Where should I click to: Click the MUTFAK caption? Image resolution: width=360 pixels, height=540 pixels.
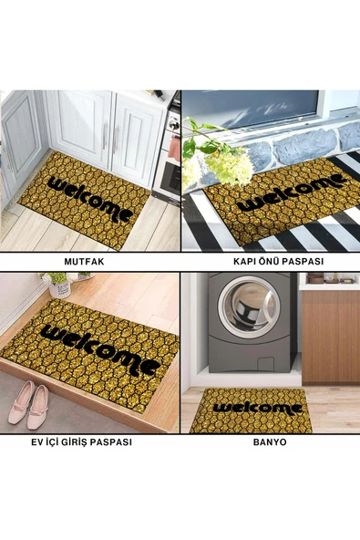click(x=84, y=262)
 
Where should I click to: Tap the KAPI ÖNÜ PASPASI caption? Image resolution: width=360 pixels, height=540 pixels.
click(x=279, y=262)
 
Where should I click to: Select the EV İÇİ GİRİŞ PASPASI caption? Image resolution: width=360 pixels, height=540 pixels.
click(x=81, y=441)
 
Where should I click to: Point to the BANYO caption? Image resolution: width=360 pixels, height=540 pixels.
click(x=270, y=441)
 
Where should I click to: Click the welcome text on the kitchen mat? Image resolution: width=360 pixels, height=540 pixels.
click(x=90, y=199)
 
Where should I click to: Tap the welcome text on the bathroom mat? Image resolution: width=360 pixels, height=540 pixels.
click(x=257, y=409)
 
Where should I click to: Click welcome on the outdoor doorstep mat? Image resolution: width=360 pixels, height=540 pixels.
click(x=292, y=192)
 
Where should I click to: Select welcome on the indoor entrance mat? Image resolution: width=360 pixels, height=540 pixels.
click(x=98, y=348)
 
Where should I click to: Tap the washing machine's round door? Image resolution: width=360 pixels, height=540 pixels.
click(x=249, y=306)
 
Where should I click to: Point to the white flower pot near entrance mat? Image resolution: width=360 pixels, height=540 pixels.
click(x=60, y=288)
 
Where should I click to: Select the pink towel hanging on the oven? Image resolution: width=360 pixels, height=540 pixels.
click(x=174, y=149)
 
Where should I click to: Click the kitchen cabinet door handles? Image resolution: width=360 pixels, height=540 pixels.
click(x=109, y=138)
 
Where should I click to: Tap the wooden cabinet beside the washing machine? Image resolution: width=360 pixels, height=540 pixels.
click(x=331, y=337)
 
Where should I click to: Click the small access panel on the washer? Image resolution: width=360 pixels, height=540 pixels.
click(x=265, y=363)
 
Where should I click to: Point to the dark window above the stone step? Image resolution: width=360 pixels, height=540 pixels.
click(x=251, y=109)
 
